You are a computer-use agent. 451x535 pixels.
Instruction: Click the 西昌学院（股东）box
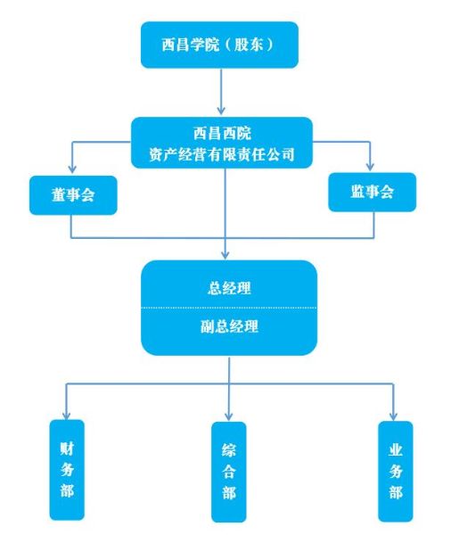[219, 45]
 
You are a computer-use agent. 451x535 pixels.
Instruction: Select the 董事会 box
[73, 195]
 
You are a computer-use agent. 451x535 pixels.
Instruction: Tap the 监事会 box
[373, 192]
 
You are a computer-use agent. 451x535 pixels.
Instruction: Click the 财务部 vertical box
[67, 470]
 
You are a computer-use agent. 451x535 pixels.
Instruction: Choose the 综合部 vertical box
[228, 473]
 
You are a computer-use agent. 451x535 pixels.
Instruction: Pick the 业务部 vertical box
[396, 472]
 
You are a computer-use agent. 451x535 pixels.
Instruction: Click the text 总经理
[229, 288]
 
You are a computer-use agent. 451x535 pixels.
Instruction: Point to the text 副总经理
[229, 326]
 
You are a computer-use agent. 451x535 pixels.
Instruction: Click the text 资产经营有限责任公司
[222, 154]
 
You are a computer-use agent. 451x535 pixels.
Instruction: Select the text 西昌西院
[222, 133]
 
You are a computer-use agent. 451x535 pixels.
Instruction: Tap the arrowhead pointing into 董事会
[71, 169]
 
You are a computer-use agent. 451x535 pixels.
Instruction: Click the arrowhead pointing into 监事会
[370, 167]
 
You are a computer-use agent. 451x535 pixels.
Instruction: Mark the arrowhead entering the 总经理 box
[225, 254]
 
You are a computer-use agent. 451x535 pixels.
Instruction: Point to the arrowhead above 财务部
[66, 415]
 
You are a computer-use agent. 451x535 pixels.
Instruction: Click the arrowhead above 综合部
[229, 416]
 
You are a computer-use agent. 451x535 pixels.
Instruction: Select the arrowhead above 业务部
[393, 416]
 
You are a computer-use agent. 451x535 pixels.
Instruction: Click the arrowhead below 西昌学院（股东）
[221, 110]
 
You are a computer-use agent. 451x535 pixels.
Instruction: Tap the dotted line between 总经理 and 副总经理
[229, 308]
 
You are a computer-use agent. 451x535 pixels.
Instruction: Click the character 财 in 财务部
[67, 449]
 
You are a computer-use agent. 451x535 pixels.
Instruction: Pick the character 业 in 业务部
[396, 450]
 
